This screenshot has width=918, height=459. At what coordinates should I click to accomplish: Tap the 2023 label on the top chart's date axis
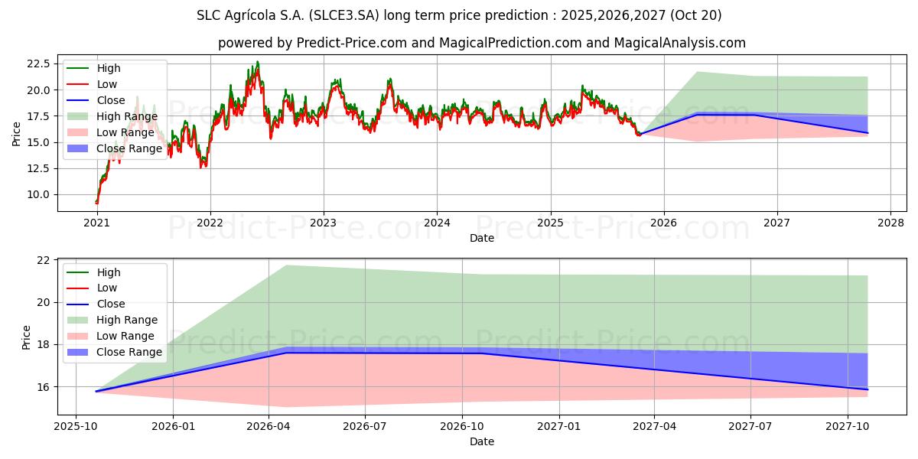coord(323,223)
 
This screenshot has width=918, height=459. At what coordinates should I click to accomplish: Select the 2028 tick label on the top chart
coord(890,223)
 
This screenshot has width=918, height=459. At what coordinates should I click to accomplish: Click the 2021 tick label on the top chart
coord(96,223)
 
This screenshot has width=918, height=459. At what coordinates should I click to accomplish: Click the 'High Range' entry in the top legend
coord(127,116)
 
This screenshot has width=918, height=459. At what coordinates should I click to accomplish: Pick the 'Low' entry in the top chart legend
coord(106,84)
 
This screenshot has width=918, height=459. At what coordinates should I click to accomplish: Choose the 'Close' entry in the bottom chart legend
coord(110,304)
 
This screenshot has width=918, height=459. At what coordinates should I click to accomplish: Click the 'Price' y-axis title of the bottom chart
coord(27,337)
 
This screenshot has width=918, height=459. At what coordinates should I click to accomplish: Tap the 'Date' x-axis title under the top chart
coord(482,238)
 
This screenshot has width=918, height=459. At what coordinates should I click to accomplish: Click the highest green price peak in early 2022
coord(257,61)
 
